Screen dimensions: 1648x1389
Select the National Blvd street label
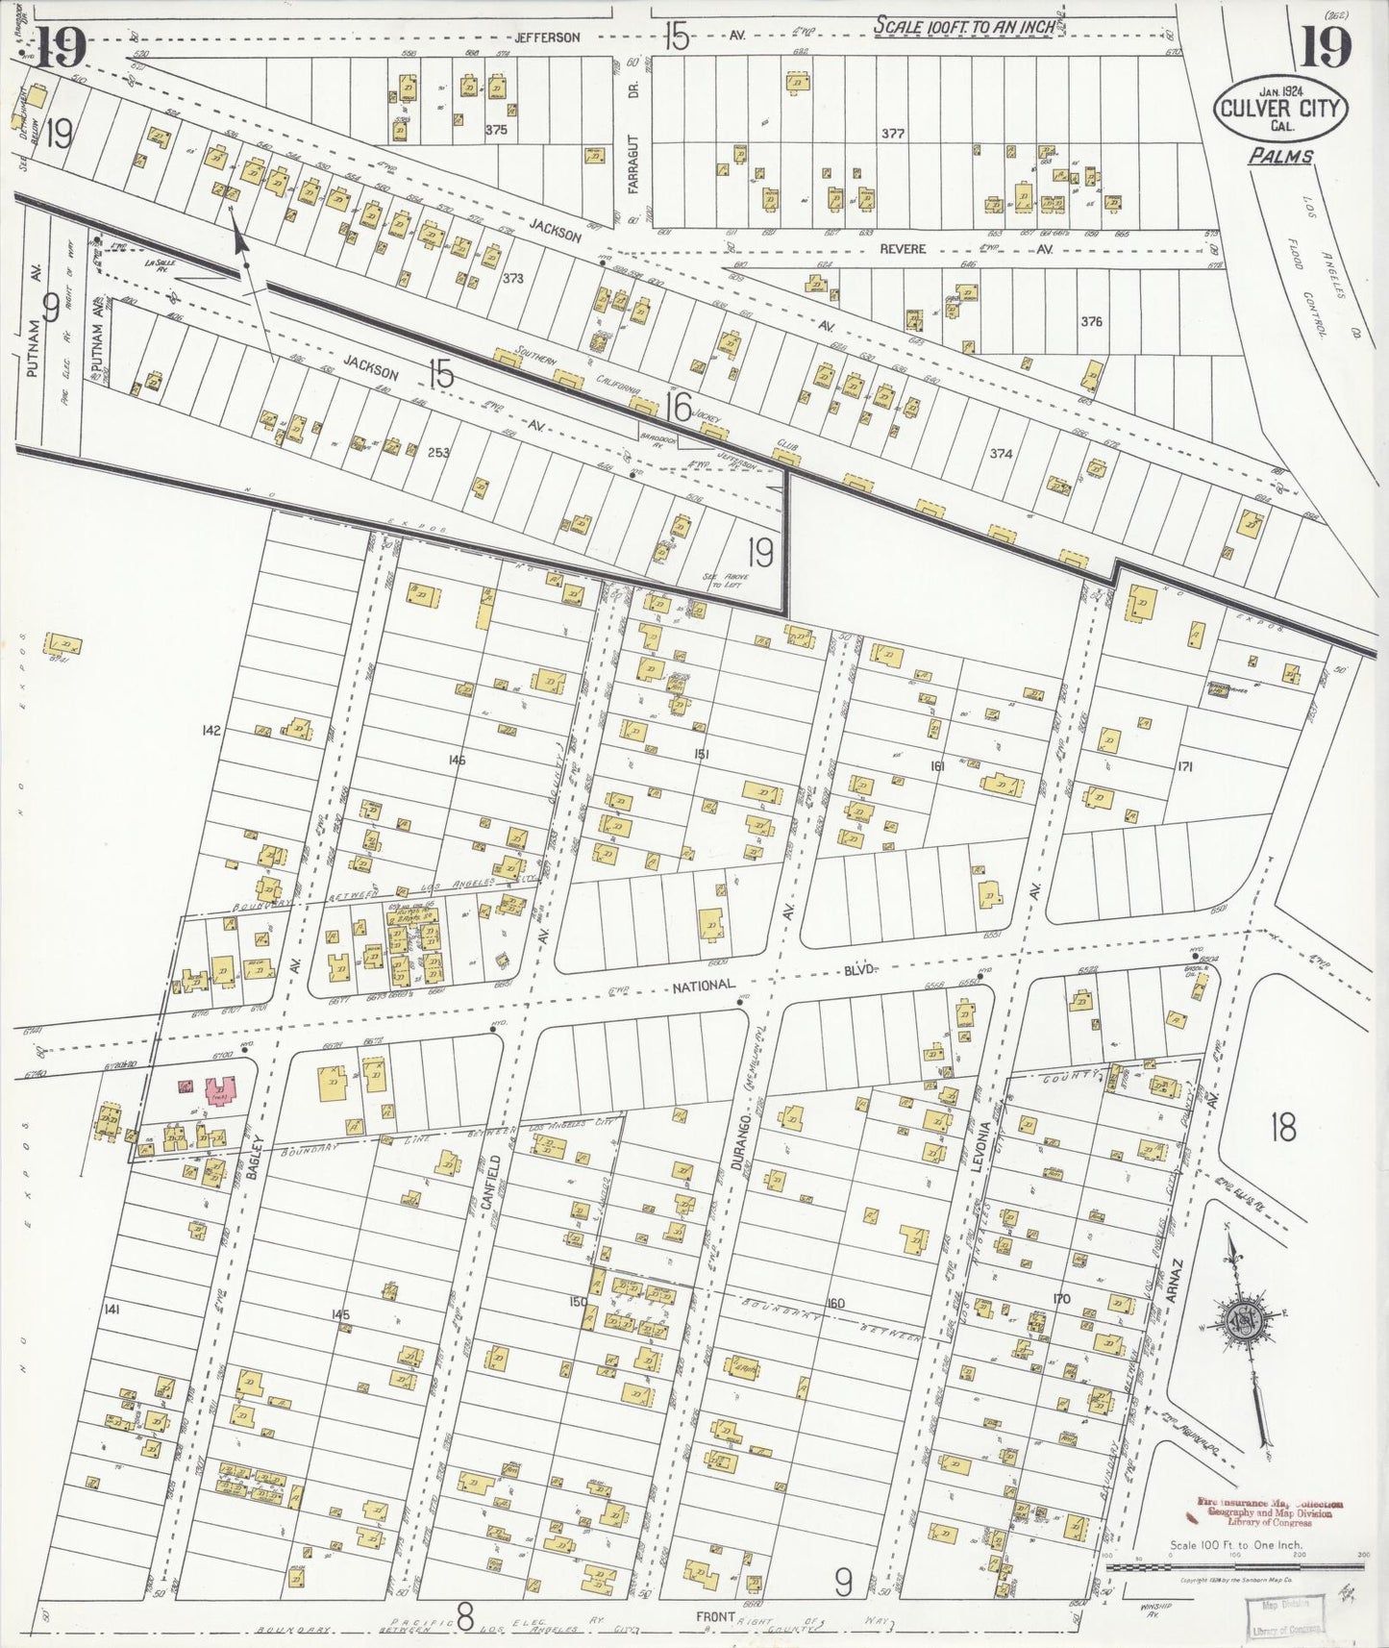tap(704, 986)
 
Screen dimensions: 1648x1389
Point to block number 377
tap(893, 134)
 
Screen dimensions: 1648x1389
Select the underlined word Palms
tap(1280, 156)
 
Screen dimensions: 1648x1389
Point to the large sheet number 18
tap(1283, 1127)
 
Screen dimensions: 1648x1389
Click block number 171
tap(1184, 767)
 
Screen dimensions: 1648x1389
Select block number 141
tap(112, 1309)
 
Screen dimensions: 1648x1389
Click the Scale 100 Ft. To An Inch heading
tap(964, 27)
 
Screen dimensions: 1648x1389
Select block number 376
tap(1091, 322)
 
